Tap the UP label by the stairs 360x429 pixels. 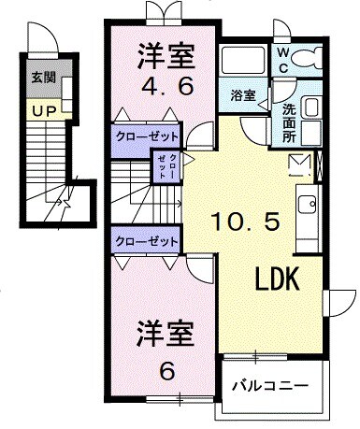pyautogui.click(x=41, y=111)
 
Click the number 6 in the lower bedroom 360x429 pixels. pyautogui.click(x=166, y=370)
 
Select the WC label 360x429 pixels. pyautogui.click(x=281, y=60)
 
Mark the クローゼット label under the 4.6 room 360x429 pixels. pyautogui.click(x=146, y=135)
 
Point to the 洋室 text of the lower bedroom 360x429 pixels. pyautogui.click(x=166, y=334)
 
